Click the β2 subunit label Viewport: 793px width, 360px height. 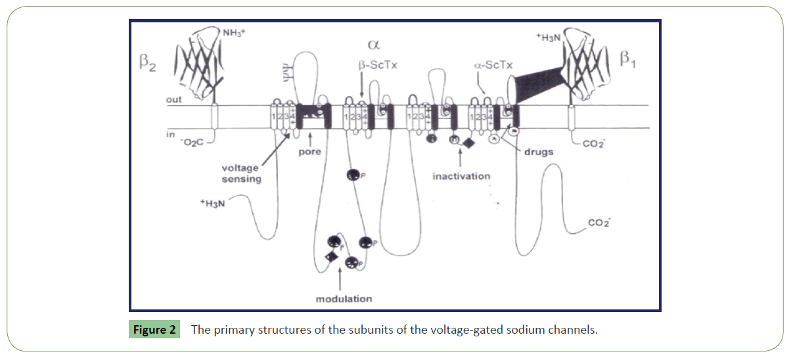click(x=145, y=64)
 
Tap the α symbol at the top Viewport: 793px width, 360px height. click(x=374, y=45)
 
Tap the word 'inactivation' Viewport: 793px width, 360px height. click(x=461, y=176)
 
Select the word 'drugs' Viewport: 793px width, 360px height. click(x=539, y=152)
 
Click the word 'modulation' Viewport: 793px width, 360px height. click(x=344, y=298)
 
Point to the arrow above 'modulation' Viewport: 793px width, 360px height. click(x=339, y=279)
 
